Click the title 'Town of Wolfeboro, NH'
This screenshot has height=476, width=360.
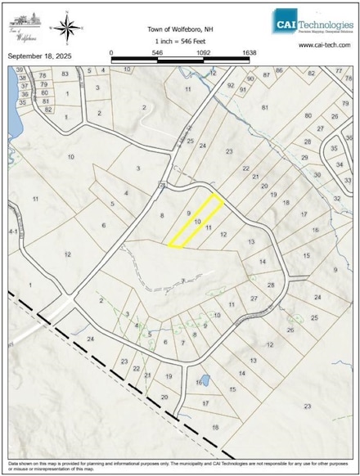click(x=179, y=27)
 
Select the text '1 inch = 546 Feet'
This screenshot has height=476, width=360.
click(x=179, y=40)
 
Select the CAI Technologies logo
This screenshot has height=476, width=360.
click(x=312, y=25)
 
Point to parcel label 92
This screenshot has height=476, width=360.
click(x=231, y=85)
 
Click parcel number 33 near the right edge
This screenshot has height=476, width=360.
click(x=348, y=180)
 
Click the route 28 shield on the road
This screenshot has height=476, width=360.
click(x=163, y=187)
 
